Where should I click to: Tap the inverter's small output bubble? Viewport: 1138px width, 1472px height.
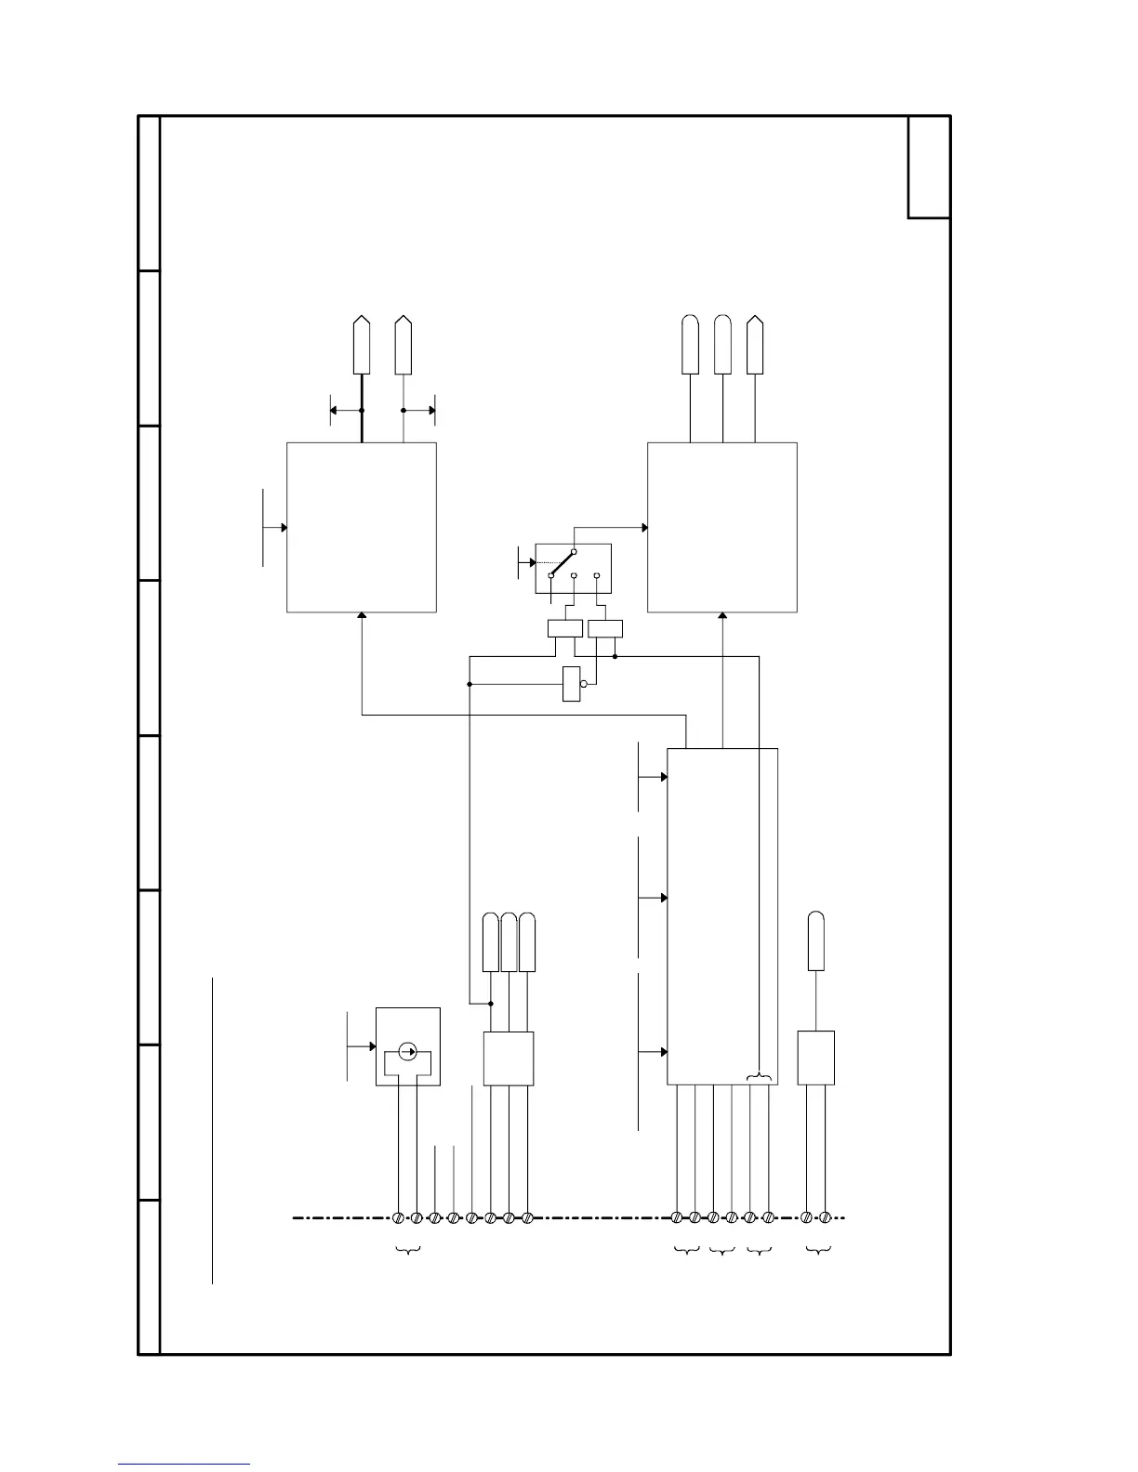pos(583,684)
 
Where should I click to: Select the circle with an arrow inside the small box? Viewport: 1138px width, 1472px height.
pos(407,1051)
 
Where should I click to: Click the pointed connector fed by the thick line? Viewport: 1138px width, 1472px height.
pos(362,346)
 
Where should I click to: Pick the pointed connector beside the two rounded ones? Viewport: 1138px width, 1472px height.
pos(755,345)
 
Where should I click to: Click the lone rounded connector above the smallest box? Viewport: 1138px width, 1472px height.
pos(815,941)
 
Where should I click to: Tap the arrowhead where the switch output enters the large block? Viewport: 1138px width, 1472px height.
pos(644,528)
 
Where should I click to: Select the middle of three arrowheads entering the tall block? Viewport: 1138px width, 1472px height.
pos(664,898)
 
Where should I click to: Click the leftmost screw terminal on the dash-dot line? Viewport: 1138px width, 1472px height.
pos(399,1217)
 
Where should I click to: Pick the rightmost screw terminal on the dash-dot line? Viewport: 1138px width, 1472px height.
pos(825,1217)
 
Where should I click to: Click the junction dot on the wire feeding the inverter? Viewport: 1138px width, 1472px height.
pos(470,685)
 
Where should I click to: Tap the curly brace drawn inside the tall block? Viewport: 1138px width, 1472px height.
pos(759,1077)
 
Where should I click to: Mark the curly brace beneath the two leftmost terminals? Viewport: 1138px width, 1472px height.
pos(408,1251)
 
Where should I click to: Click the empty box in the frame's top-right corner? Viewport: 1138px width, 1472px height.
pos(929,167)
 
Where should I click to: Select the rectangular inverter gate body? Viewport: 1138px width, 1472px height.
pos(571,684)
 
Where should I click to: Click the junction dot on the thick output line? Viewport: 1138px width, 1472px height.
pos(362,410)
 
